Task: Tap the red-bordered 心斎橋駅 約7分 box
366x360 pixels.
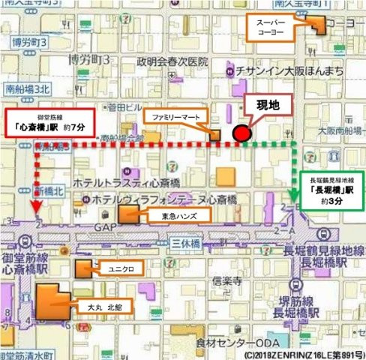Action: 49,122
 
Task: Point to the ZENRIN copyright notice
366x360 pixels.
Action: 304,353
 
